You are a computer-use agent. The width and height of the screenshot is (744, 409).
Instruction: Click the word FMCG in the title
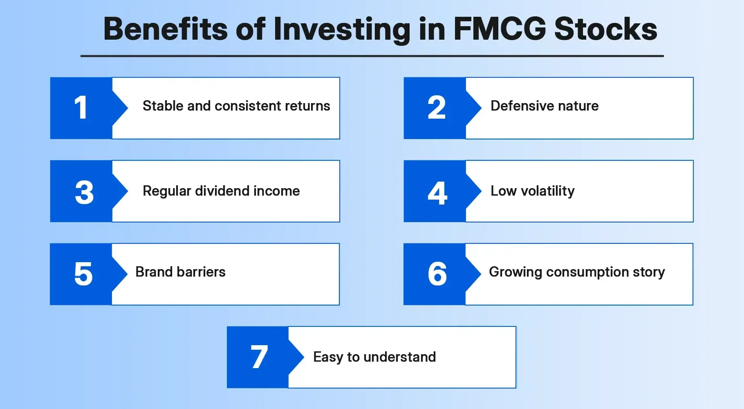(x=500, y=29)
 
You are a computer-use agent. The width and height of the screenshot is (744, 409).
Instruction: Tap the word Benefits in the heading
(x=165, y=29)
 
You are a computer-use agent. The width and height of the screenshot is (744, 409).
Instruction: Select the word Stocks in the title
(x=605, y=29)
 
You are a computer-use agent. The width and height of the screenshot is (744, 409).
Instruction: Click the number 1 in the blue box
(x=81, y=108)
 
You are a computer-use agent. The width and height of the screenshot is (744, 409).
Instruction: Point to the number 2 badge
(x=436, y=108)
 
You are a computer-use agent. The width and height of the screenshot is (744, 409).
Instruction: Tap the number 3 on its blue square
(x=84, y=192)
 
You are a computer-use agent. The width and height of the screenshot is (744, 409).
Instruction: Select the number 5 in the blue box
(x=83, y=274)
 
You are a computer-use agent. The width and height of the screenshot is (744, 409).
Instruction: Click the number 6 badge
(x=437, y=274)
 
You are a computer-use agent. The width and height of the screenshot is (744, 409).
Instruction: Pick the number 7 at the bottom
(x=259, y=357)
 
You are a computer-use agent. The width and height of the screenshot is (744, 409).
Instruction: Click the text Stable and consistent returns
(x=236, y=106)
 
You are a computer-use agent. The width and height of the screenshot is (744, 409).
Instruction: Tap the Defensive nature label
(x=545, y=106)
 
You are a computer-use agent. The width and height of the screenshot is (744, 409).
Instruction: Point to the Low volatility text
(x=532, y=191)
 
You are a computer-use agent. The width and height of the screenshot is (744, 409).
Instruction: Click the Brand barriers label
(x=180, y=272)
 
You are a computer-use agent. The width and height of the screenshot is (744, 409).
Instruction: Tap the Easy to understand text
(x=374, y=357)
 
